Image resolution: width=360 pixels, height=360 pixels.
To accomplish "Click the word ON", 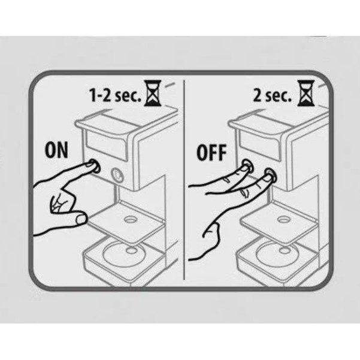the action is [x=56, y=150].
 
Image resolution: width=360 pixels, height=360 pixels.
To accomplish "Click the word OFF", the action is [x=211, y=152].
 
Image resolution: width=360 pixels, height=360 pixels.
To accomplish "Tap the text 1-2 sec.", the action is [x=115, y=95].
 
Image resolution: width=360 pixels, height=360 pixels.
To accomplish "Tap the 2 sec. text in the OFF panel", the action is [x=272, y=95].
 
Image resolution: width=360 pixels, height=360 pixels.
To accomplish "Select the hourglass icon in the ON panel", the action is [x=153, y=93].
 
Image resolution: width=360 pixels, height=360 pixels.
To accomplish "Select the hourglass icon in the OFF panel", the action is [x=306, y=93].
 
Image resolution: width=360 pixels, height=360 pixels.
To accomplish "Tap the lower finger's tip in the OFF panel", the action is [x=266, y=177].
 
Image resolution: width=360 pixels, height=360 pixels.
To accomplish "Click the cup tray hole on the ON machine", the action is [x=131, y=220].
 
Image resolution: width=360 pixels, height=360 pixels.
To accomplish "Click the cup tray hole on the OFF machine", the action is [x=283, y=220].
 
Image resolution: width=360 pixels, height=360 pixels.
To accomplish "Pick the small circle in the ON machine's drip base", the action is [x=131, y=250].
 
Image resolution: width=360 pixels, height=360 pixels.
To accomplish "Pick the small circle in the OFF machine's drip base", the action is [x=285, y=250].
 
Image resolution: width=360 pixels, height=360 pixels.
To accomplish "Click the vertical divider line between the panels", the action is [x=184, y=180].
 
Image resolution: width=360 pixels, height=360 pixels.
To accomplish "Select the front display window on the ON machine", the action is [x=106, y=145].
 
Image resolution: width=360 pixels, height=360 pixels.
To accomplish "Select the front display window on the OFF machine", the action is [x=259, y=146].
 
